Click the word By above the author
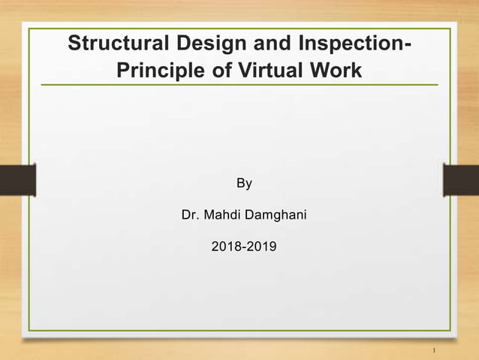(x=244, y=183)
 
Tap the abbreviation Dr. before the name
(x=191, y=216)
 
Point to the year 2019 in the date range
(x=261, y=246)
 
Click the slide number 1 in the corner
(x=435, y=351)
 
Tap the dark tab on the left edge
(x=17, y=181)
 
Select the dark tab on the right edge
(x=461, y=181)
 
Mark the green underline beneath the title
(x=239, y=85)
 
